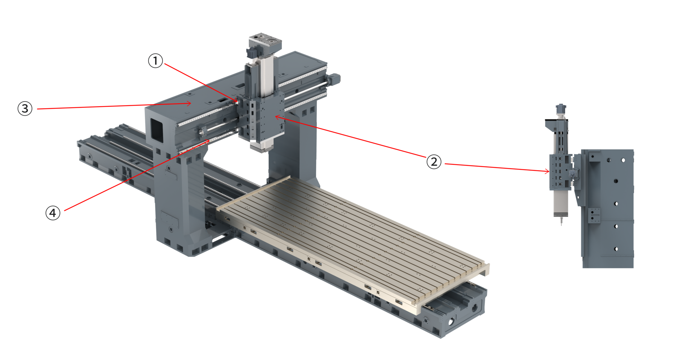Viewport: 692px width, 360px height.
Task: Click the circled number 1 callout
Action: coord(156,61)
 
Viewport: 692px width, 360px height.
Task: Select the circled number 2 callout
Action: coord(434,162)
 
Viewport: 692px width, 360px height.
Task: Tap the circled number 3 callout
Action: coord(25,108)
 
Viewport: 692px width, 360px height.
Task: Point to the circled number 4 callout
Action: coord(53,213)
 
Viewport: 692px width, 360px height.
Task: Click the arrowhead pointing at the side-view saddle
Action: coord(547,172)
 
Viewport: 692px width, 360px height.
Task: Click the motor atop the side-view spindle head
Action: coord(560,109)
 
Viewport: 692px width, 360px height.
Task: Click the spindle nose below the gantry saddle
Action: coord(262,146)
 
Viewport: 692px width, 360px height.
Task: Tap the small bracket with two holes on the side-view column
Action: coord(594,215)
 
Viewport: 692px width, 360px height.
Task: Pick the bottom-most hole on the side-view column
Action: coord(616,249)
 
